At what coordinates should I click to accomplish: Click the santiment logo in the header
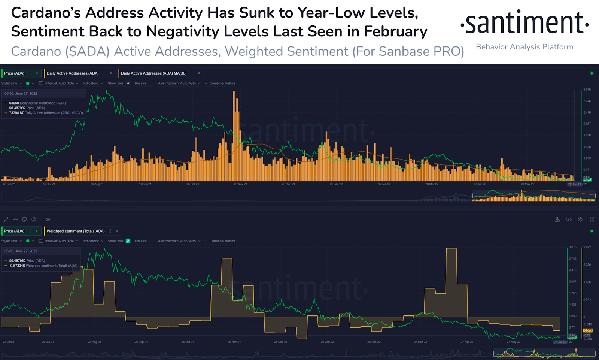click(x=524, y=23)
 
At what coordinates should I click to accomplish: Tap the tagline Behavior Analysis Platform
click(x=524, y=47)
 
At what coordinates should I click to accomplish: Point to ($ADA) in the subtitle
click(x=87, y=51)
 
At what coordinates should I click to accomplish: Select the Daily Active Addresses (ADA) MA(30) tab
click(x=153, y=73)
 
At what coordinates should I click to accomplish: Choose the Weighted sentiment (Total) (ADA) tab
click(x=75, y=231)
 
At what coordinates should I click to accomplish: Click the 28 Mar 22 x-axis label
click(x=432, y=184)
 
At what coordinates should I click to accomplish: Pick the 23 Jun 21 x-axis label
click(x=9, y=342)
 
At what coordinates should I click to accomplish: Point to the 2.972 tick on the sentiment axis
click(x=587, y=247)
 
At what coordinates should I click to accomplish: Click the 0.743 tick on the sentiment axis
click(x=587, y=300)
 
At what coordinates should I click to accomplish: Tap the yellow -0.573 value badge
click(x=587, y=330)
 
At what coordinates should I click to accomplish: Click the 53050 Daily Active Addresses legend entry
click(x=37, y=103)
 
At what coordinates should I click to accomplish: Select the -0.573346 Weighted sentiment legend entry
click(x=43, y=266)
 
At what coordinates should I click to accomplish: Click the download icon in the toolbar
click(x=557, y=220)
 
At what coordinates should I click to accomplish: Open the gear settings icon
click(x=580, y=220)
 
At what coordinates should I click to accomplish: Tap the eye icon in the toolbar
click(x=48, y=220)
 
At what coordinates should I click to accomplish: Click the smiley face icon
click(x=34, y=220)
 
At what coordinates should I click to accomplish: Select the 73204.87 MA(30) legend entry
click(x=46, y=113)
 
